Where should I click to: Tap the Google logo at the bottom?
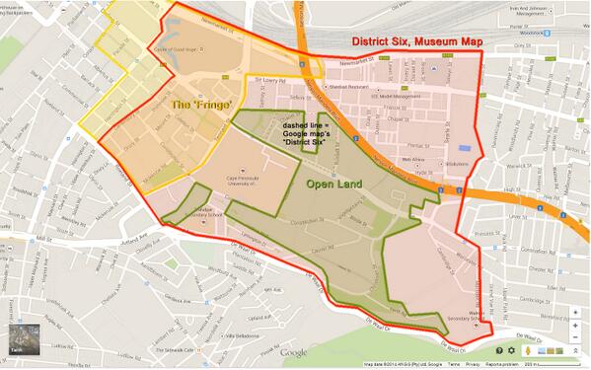click(x=292, y=352)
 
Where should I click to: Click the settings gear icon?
click(x=512, y=350)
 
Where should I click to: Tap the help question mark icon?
click(x=500, y=350)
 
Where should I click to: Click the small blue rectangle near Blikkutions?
click(x=466, y=148)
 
